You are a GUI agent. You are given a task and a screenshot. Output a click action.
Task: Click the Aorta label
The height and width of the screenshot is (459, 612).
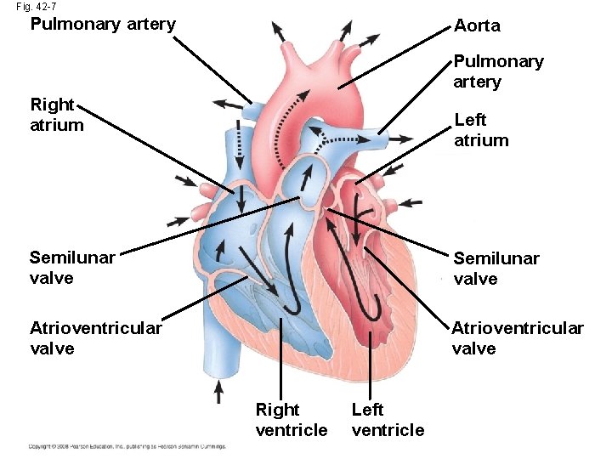477,26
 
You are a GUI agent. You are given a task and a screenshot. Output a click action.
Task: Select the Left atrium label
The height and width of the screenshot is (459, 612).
481,130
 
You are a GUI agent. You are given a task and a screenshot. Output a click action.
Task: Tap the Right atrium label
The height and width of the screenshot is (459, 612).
56,115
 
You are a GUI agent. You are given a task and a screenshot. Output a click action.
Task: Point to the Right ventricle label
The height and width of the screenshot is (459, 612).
291,420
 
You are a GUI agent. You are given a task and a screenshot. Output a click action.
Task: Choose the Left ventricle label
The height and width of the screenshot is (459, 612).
388,420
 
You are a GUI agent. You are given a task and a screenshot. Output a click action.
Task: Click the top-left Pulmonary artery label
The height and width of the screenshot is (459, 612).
103,24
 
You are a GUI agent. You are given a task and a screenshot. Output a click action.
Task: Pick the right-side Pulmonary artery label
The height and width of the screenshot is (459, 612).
498,71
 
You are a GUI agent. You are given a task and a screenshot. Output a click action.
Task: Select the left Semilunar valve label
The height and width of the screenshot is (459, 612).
72,268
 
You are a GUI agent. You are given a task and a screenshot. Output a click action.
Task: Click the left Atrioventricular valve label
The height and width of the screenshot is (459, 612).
96,337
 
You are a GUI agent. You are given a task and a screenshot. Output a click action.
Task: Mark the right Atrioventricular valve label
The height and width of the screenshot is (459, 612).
518,337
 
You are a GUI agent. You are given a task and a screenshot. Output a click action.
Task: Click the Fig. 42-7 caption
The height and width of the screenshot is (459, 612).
36,7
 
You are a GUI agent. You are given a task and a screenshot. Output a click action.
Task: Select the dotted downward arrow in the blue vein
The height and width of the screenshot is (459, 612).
240,144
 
